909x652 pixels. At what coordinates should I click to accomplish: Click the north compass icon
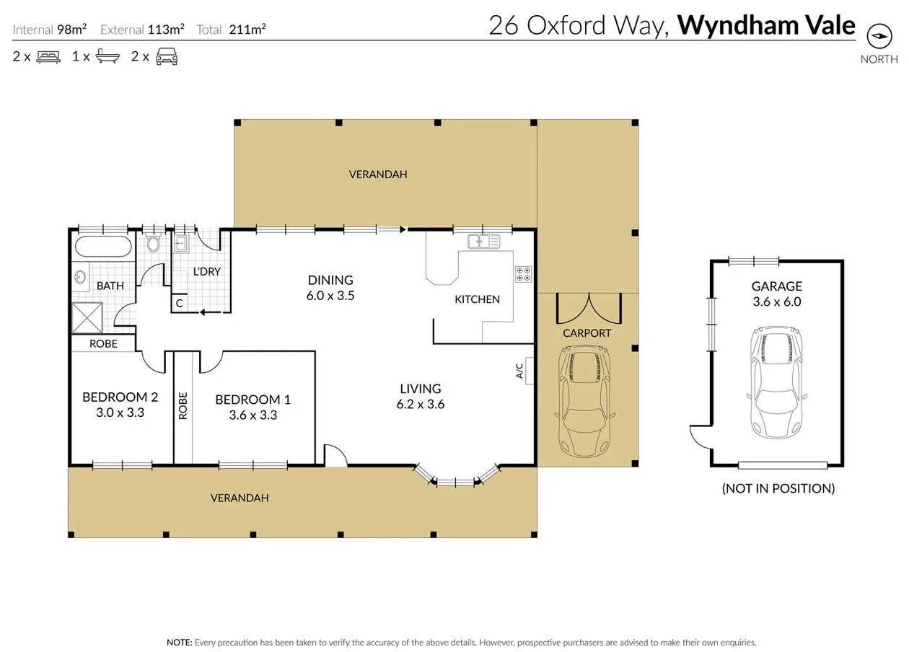(879, 36)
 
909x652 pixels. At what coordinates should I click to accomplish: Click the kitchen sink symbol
(483, 242)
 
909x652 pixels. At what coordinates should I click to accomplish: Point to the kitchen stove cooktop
(523, 274)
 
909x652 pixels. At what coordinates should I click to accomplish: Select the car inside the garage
(776, 382)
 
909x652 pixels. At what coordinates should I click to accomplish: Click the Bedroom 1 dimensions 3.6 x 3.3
(252, 415)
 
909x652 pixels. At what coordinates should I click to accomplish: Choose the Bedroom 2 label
(120, 397)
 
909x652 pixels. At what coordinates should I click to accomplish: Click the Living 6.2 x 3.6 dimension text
(420, 405)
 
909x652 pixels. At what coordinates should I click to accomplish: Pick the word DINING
(330, 280)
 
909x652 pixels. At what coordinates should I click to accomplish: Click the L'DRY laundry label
(206, 272)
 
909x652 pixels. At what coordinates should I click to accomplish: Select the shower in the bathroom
(87, 318)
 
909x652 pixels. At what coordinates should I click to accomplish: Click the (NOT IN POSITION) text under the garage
(778, 488)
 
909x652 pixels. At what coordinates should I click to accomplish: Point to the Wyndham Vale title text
(766, 25)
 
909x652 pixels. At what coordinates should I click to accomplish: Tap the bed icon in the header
(48, 56)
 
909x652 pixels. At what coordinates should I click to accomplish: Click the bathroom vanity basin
(80, 276)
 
